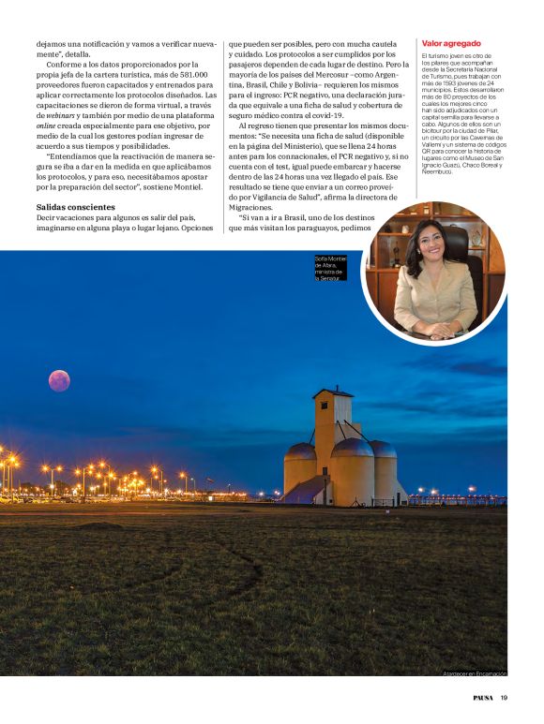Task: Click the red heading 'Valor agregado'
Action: click(x=451, y=43)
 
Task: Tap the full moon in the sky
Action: click(x=59, y=380)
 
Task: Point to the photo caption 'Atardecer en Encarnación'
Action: click(x=475, y=673)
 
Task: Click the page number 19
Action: click(x=504, y=697)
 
